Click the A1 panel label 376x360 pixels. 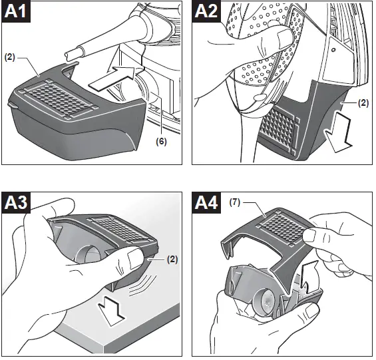[16, 11]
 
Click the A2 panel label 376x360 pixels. [206, 11]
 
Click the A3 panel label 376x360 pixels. [16, 203]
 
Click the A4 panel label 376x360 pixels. [206, 203]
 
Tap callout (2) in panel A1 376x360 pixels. [9, 58]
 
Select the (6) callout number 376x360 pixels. [161, 142]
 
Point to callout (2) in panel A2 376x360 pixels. [363, 103]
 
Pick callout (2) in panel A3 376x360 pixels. [172, 260]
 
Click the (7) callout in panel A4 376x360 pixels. [234, 203]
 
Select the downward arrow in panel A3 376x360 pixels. [111, 311]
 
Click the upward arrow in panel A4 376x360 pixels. [309, 277]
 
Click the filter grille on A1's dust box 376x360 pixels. [59, 99]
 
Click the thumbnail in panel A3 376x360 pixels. [135, 258]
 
